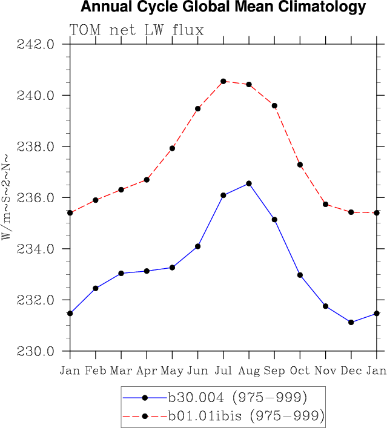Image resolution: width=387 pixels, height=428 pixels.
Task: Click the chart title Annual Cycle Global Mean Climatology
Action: tap(223, 8)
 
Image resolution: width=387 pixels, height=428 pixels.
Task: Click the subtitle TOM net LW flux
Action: tap(137, 30)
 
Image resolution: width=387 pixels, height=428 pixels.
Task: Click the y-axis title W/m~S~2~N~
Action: tap(7, 198)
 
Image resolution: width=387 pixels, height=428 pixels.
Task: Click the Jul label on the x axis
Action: tap(223, 370)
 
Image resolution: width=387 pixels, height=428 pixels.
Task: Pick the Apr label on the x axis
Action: tap(147, 370)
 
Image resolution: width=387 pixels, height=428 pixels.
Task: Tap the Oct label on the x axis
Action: tap(300, 370)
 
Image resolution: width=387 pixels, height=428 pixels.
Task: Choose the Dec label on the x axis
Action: tap(351, 370)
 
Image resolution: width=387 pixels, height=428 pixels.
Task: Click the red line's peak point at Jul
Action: tap(223, 81)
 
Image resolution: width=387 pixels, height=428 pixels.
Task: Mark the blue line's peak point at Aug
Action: tap(249, 183)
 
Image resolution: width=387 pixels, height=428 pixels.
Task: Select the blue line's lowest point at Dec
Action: tap(351, 322)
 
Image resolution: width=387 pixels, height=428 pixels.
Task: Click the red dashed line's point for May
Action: tap(172, 148)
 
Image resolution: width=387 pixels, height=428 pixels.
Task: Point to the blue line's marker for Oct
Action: tap(300, 275)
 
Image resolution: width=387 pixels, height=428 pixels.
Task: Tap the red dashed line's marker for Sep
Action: tap(274, 105)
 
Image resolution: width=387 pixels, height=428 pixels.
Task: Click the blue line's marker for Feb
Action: tap(96, 288)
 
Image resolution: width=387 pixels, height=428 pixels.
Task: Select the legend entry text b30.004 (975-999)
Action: tap(237, 398)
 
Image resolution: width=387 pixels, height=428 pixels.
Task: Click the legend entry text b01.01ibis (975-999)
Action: tap(246, 416)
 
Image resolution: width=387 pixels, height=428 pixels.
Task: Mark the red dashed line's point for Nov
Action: tap(325, 205)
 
